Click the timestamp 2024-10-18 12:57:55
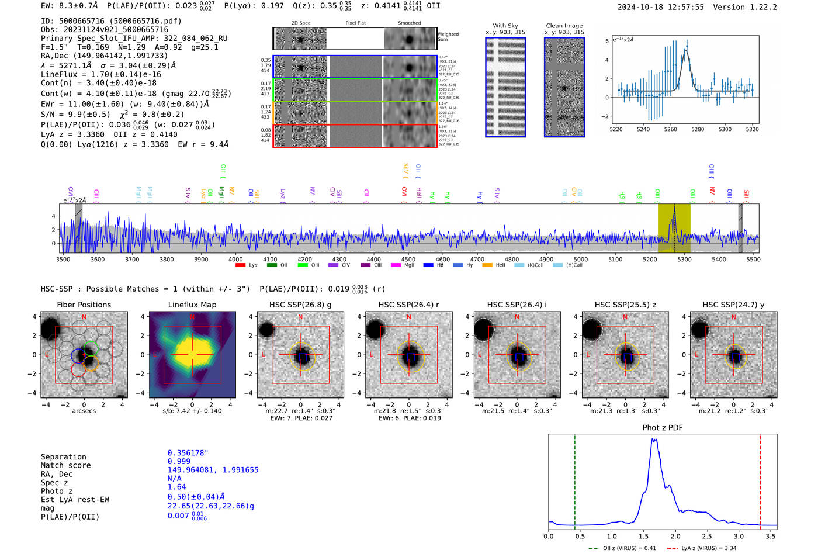660,7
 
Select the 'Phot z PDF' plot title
662,427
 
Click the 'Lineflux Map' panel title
192,305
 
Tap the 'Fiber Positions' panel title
84,305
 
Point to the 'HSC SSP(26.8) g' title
300,305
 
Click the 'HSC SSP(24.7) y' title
733,305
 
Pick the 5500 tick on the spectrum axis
753,259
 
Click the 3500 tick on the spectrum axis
63,259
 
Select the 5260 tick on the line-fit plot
670,129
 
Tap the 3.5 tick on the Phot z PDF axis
771,536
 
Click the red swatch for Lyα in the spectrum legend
240,265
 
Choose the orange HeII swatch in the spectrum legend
487,265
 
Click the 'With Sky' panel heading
505,26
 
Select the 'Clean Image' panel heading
564,26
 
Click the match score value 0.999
179,461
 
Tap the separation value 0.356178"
188,453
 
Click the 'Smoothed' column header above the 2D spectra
409,23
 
